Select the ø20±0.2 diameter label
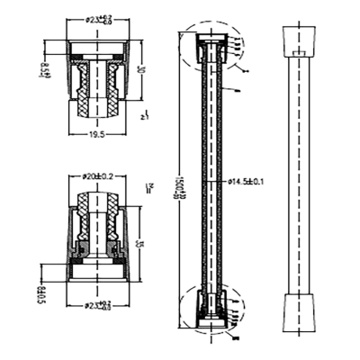(x=99, y=176)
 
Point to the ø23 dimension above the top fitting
(x=100, y=18)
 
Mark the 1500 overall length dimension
(x=181, y=184)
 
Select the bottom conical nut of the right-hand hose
(x=299, y=310)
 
